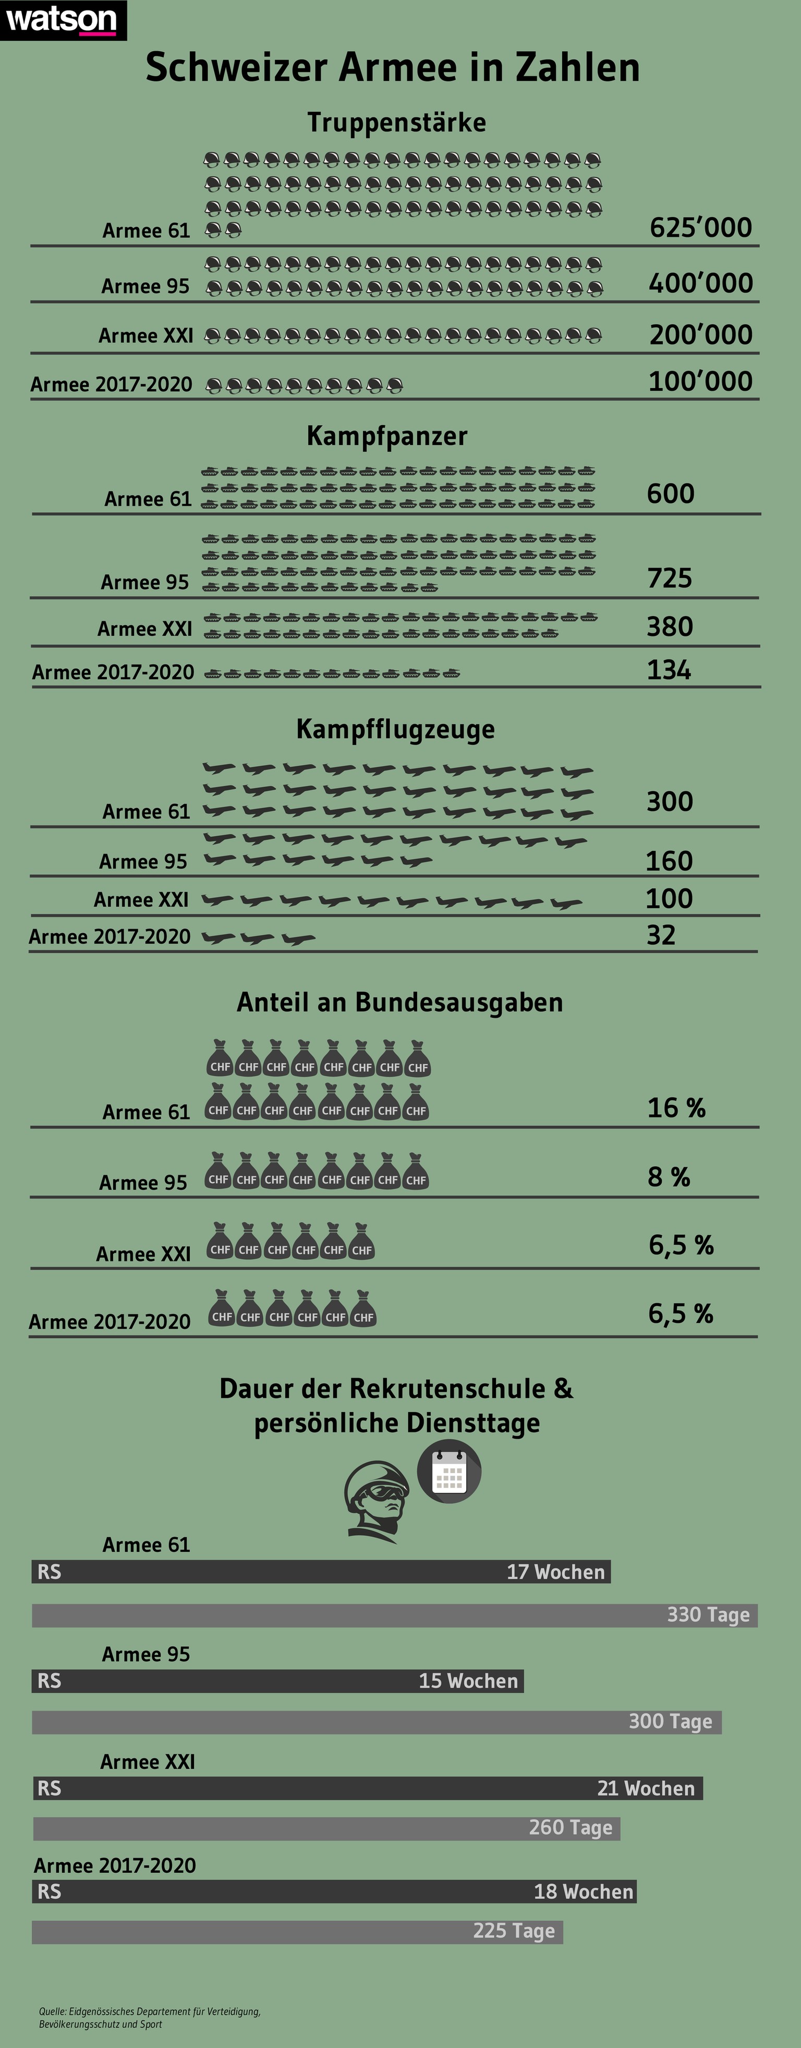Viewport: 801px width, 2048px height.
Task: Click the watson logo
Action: pos(62,19)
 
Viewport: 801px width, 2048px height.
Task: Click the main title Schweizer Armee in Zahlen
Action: pos(393,68)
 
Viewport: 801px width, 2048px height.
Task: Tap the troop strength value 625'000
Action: pos(700,227)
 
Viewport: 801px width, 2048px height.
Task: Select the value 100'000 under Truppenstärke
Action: pos(700,382)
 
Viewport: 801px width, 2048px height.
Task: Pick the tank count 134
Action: pos(669,670)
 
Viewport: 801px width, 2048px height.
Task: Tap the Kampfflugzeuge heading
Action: pos(395,729)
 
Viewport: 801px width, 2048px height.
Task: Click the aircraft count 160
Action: pos(669,861)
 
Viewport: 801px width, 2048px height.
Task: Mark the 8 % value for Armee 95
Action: pos(669,1177)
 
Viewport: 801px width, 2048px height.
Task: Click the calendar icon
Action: pos(449,1472)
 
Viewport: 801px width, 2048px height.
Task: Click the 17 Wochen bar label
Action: pos(555,1572)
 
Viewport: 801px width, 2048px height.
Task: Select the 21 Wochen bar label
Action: pos(645,1788)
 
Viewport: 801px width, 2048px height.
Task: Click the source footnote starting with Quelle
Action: pos(149,2017)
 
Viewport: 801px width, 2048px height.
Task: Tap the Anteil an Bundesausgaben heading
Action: pos(399,1003)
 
